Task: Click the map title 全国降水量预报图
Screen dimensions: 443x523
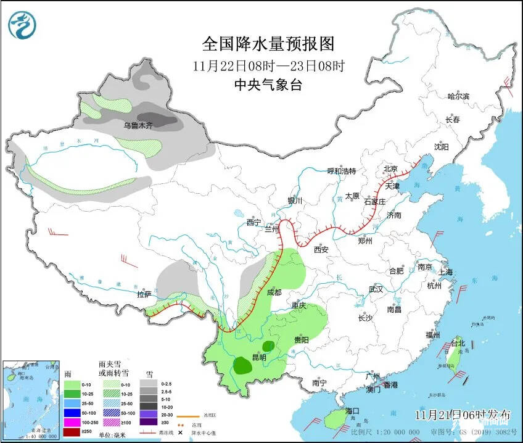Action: click(268, 44)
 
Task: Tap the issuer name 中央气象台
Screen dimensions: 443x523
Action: click(268, 85)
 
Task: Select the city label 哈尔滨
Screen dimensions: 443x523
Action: click(458, 96)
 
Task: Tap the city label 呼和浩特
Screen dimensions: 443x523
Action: click(341, 171)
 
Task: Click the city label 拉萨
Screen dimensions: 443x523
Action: click(144, 295)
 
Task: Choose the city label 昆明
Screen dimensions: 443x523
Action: click(259, 357)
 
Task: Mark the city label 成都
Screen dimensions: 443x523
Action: click(274, 292)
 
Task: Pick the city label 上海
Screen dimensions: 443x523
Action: click(445, 272)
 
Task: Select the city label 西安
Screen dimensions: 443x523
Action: click(321, 250)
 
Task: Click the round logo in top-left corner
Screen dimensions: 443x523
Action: click(22, 25)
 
